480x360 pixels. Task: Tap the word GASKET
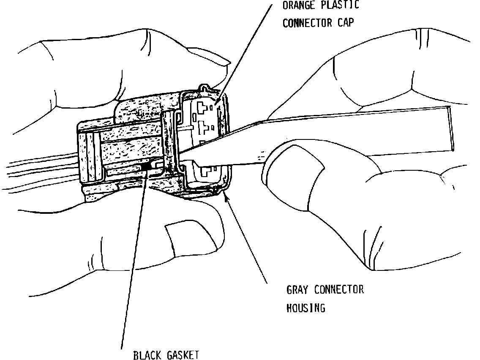[x=183, y=355]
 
